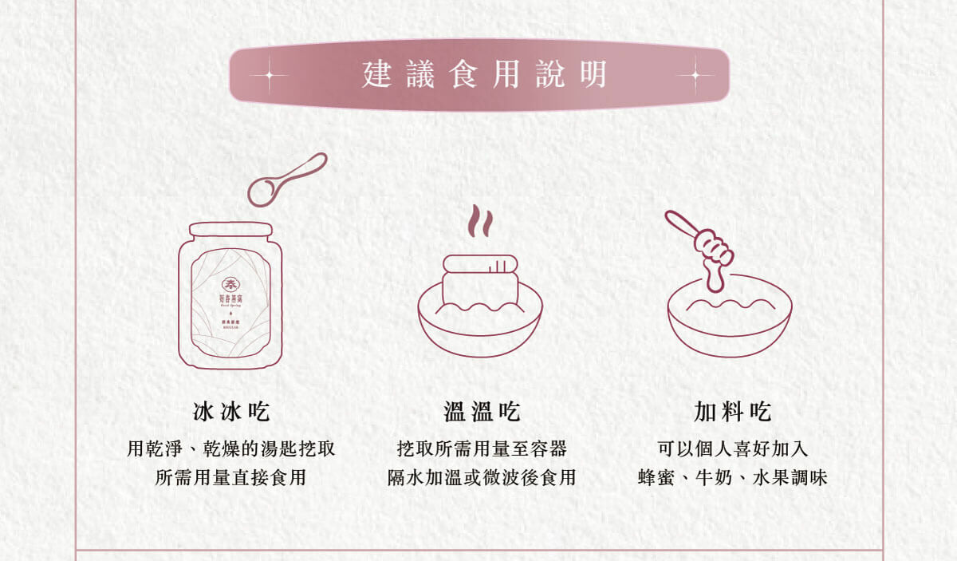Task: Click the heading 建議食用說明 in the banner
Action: click(484, 75)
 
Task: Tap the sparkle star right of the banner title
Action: click(695, 76)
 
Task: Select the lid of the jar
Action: click(230, 230)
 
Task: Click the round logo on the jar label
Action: click(230, 285)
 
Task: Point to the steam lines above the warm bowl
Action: click(479, 222)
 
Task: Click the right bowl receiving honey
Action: click(729, 323)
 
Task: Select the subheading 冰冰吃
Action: click(231, 413)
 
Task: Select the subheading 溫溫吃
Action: click(482, 413)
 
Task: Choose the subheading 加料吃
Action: click(732, 413)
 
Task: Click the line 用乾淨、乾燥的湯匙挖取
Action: click(231, 449)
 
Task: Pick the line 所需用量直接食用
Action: click(231, 478)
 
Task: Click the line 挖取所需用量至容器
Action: click(482, 449)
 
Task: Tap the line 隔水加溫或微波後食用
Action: click(482, 478)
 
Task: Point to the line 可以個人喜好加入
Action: click(732, 449)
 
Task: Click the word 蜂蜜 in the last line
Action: click(656, 478)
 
